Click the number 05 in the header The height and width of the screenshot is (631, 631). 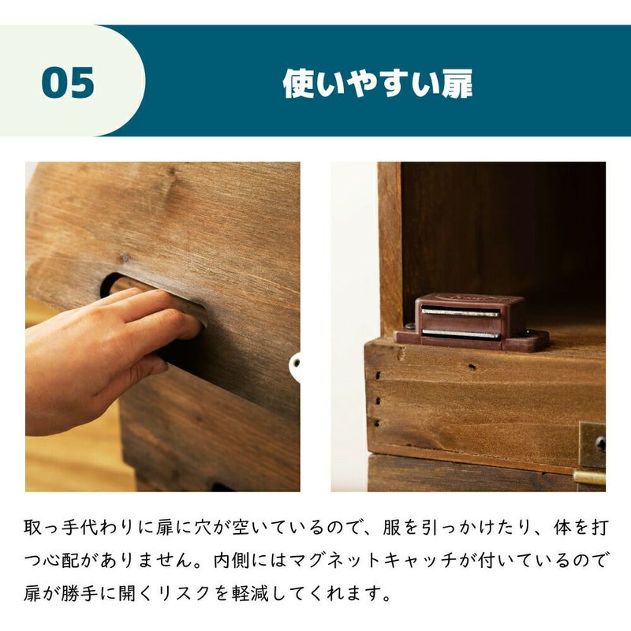click(x=68, y=83)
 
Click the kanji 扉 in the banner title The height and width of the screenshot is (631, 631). click(x=457, y=84)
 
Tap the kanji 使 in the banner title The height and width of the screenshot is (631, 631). click(x=299, y=84)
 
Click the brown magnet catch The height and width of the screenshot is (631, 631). click(x=472, y=322)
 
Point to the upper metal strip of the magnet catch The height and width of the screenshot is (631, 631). click(x=461, y=312)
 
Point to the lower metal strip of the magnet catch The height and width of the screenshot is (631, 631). click(x=461, y=334)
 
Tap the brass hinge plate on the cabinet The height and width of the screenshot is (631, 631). click(x=592, y=446)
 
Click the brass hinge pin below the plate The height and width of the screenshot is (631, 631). click(x=589, y=478)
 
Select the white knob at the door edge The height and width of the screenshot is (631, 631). click(x=295, y=367)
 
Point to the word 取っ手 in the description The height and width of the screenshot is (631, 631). click(x=52, y=528)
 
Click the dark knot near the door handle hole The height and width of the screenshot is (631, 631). click(x=125, y=258)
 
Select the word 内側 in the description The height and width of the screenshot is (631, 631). click(x=232, y=561)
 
